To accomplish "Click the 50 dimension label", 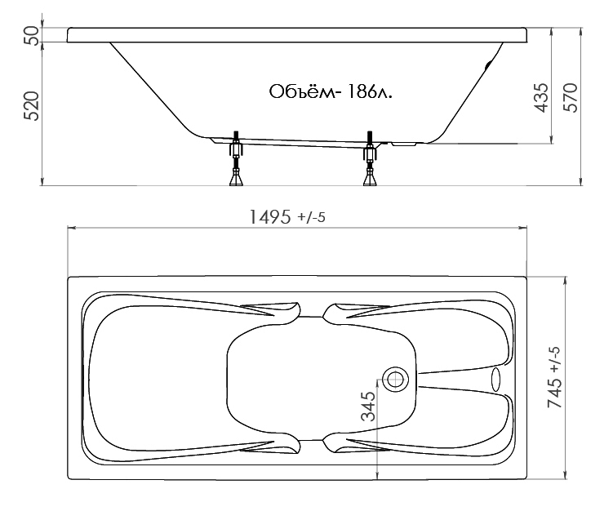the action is (32, 35).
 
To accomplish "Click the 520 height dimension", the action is (32, 106).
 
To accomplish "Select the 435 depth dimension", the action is (541, 98).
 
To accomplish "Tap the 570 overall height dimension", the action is (571, 98).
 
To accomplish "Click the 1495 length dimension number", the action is (270, 217).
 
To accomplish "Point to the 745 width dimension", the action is (555, 393).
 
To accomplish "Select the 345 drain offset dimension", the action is (368, 407).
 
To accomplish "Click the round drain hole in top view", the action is (395, 380).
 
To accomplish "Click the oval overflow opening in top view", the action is (495, 380).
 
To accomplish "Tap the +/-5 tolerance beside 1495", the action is (311, 217).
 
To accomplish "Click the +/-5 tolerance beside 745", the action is (555, 361).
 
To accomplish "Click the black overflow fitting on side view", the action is (488, 65).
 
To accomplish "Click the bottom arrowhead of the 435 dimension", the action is (552, 139).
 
